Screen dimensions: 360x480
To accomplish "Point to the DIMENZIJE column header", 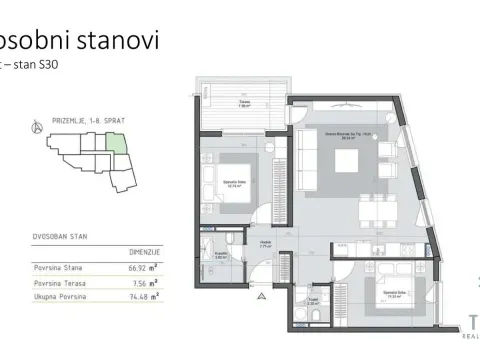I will point(145,254).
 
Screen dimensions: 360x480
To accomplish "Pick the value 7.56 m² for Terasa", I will point(146,283).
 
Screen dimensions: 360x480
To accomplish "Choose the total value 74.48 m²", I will point(144,296).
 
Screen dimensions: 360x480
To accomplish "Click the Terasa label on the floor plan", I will point(243,102).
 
